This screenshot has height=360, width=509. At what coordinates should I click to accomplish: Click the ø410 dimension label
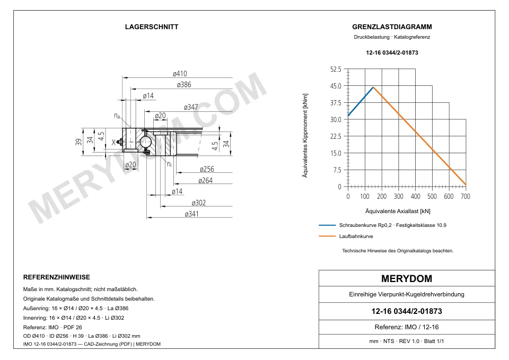tap(180, 74)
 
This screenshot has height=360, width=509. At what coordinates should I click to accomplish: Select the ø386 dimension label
tap(184, 85)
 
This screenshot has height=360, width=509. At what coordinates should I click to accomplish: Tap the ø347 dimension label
tap(191, 107)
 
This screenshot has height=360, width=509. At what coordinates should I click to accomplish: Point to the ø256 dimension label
tap(207, 169)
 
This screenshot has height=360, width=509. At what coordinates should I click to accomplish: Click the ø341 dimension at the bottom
tap(191, 214)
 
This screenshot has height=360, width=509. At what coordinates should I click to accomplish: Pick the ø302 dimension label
tap(199, 203)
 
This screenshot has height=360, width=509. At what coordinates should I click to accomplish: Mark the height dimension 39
tap(78, 142)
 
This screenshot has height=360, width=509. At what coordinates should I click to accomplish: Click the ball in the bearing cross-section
tap(145, 142)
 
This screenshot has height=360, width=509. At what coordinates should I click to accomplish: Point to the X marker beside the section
tap(113, 142)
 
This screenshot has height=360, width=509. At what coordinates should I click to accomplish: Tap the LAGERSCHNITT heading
tap(152, 27)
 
